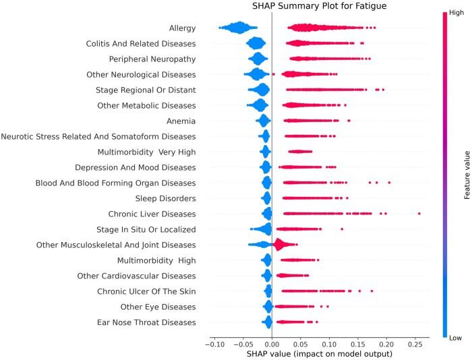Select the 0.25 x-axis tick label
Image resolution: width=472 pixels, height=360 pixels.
[415, 344]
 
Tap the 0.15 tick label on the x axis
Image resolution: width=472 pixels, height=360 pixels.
[358, 344]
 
